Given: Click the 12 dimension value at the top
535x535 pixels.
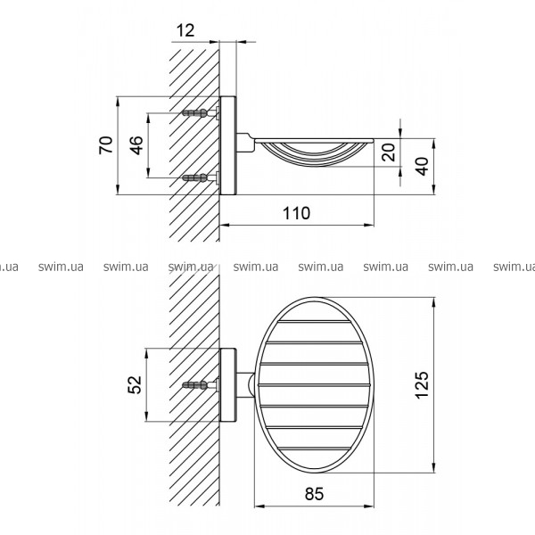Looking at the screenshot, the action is tap(185, 30).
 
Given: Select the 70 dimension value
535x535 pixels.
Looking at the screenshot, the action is tap(105, 145).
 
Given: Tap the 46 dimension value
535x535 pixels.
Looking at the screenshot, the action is tap(136, 145).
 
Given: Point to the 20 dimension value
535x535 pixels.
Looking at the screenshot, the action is tap(389, 152).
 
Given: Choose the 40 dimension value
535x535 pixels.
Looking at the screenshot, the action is tap(422, 166).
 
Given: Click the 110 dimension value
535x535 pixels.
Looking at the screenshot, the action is tap(297, 213).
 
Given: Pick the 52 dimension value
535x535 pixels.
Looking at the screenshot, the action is tap(135, 384).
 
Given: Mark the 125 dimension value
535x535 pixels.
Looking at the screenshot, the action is tap(422, 385).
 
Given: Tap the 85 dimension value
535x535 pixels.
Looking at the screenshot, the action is tap(314, 493).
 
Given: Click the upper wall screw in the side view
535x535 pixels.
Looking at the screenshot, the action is tap(201, 112).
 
